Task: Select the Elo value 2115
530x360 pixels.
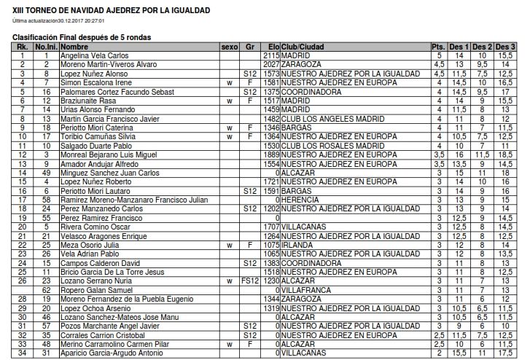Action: pos(271,55)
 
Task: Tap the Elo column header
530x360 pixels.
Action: pos(273,47)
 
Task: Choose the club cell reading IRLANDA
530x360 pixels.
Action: pos(296,245)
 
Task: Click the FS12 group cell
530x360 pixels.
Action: pos(250,281)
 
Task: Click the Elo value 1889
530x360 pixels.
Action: pos(271,154)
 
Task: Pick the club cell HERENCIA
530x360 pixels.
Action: pos(299,200)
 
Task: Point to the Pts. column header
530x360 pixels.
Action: pos(438,47)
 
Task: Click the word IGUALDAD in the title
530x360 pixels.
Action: pos(187,10)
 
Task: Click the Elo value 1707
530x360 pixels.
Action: pos(271,227)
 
